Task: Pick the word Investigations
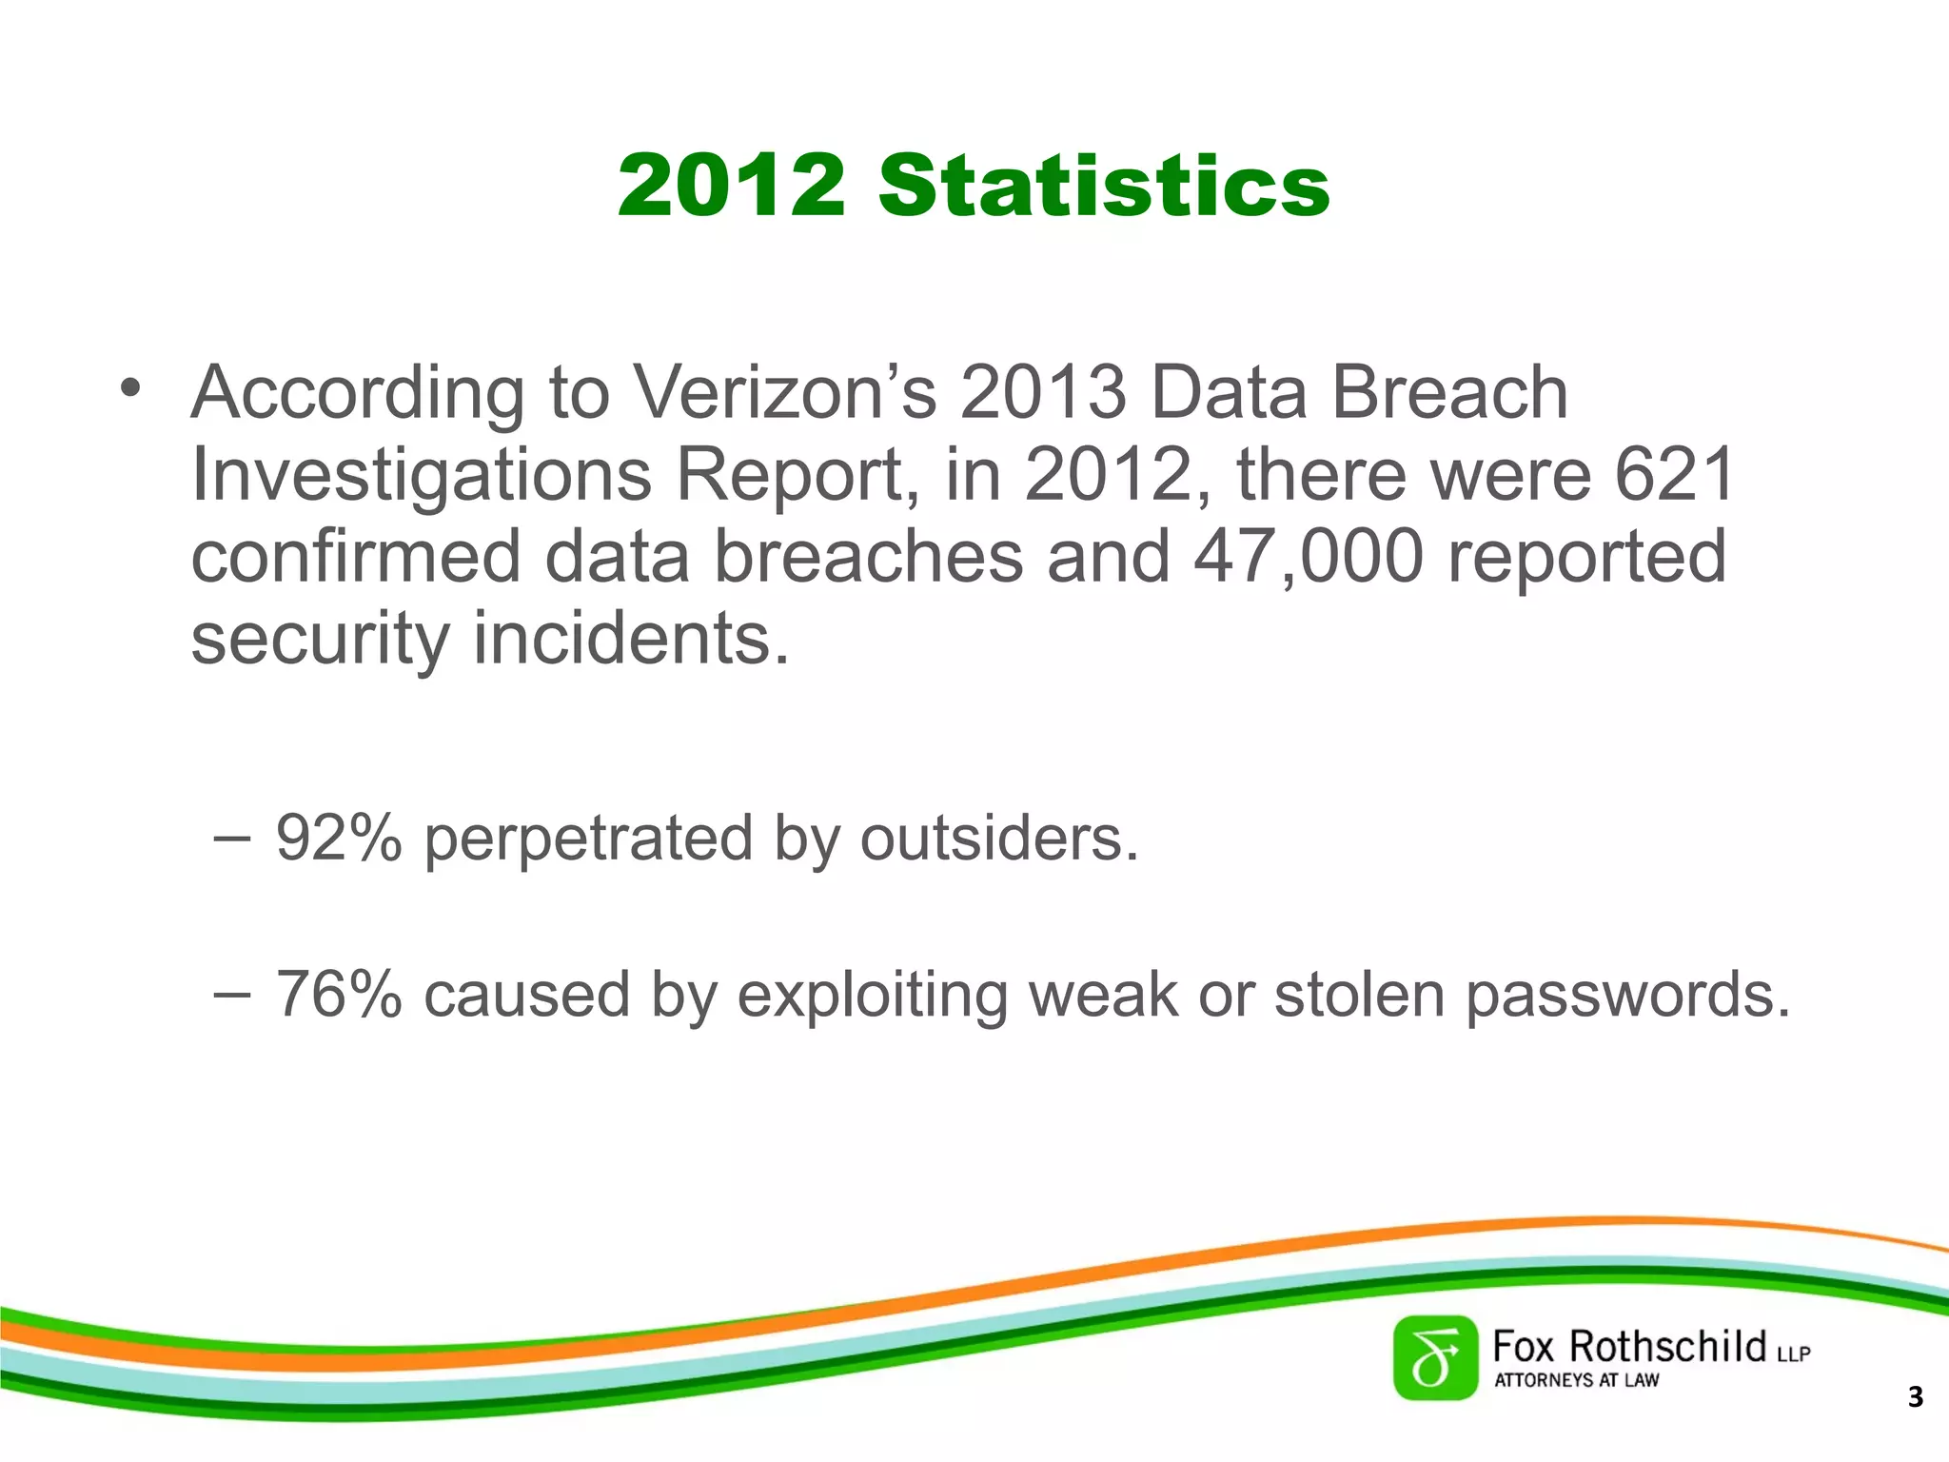point(421,476)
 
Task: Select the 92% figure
point(339,838)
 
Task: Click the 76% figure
point(339,994)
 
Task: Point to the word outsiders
point(998,838)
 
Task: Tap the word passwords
point(1627,996)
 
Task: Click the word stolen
point(1359,994)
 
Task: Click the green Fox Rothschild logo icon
point(1435,1358)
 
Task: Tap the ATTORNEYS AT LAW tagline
point(1576,1380)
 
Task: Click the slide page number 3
point(1916,1397)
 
